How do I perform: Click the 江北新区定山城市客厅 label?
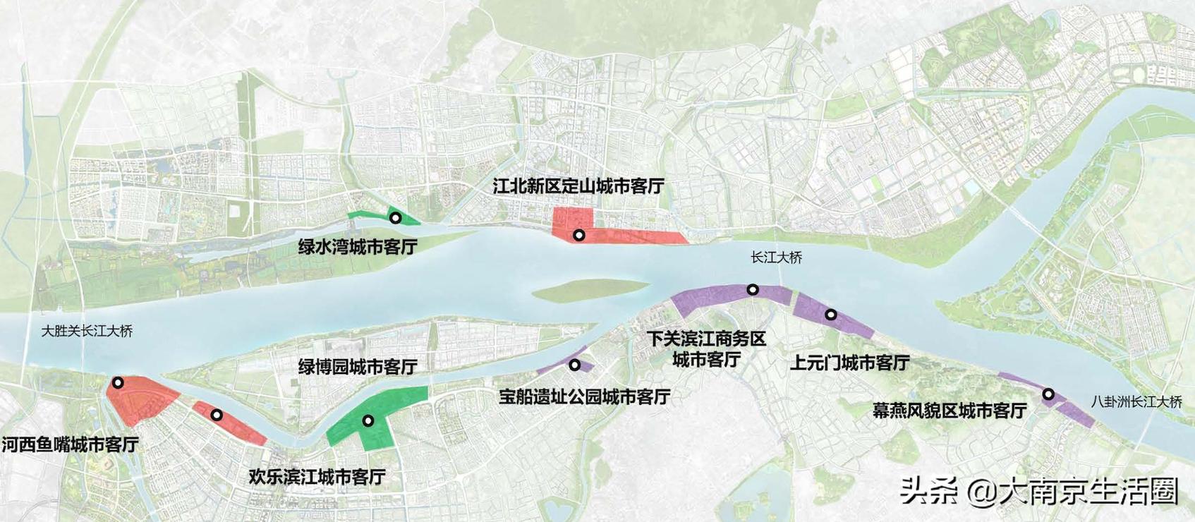pos(578,186)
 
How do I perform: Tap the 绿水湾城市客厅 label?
pos(357,247)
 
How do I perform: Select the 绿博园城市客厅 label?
pos(357,367)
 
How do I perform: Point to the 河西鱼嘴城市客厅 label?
pos(70,445)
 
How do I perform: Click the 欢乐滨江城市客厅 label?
pos(317,477)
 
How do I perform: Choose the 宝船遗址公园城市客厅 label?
pos(584,396)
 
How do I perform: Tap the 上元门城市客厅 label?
pos(849,363)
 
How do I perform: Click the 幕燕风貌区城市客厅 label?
pos(949,411)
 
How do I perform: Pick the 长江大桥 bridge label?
pos(776,258)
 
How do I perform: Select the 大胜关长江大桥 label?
pos(87,331)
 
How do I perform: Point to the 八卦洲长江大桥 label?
pos(1136,402)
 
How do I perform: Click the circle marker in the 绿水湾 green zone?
pos(396,218)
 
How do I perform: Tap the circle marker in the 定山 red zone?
pos(578,235)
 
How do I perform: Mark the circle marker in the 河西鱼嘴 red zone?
pos(118,383)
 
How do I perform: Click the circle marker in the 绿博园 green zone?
pos(368,420)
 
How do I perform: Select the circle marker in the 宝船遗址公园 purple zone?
pos(575,365)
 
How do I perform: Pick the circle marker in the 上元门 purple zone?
pos(831,315)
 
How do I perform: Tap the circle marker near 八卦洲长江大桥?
pos(1049,394)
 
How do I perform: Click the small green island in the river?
pos(590,289)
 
